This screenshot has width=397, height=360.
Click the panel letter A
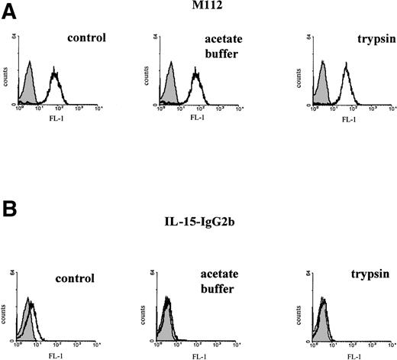pos(10,15)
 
